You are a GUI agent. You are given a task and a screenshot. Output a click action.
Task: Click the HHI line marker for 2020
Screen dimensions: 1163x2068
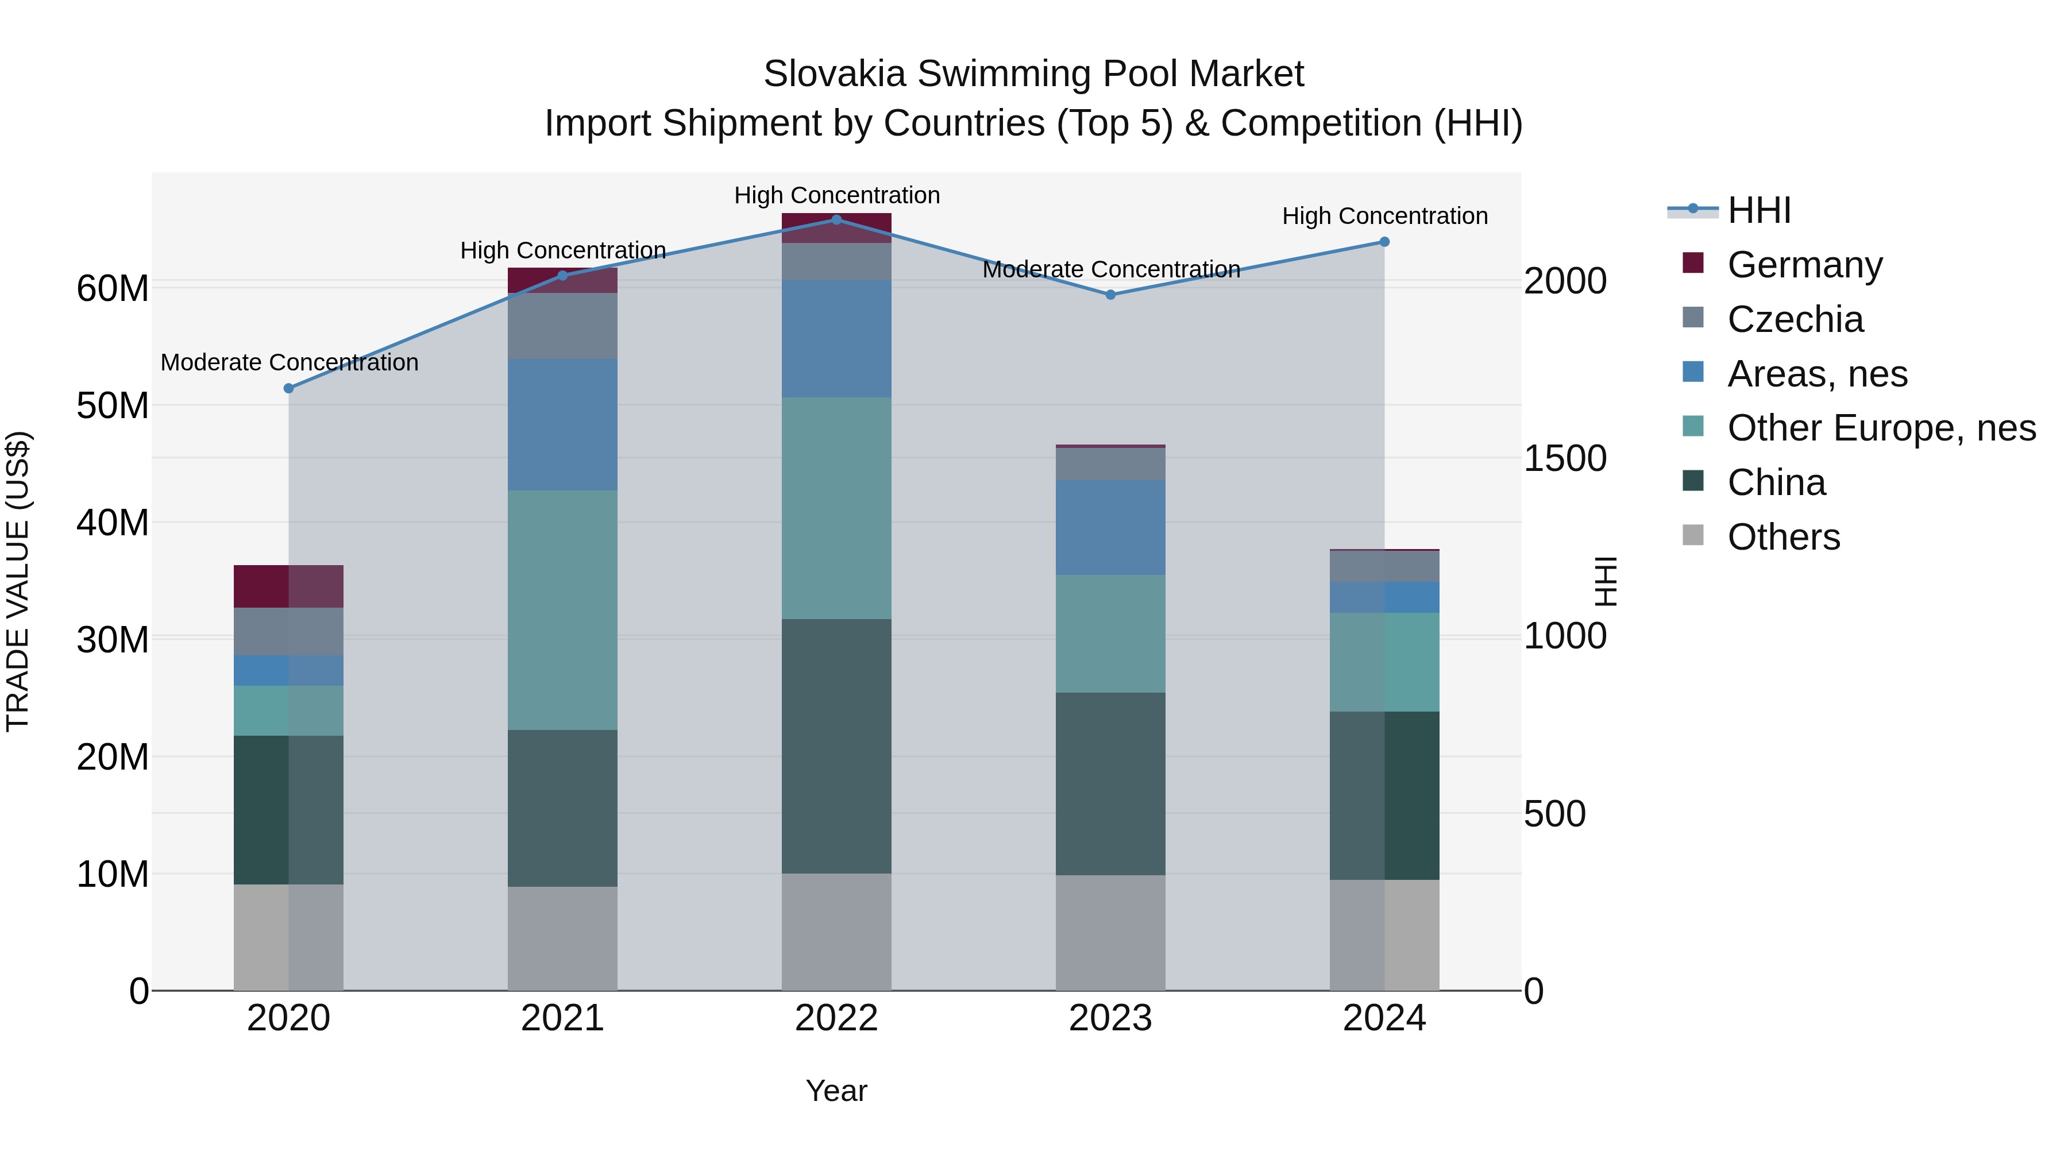coord(289,388)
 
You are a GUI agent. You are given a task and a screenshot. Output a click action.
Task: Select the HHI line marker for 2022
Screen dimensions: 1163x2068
coord(836,220)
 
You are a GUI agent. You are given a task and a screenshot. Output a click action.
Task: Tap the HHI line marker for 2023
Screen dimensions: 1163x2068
coord(1110,295)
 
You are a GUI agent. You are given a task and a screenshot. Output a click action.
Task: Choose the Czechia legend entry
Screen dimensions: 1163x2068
coord(1795,319)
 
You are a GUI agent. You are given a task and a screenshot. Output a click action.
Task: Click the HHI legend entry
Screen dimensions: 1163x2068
coord(1758,210)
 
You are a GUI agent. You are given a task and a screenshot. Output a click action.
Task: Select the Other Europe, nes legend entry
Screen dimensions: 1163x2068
coord(1881,428)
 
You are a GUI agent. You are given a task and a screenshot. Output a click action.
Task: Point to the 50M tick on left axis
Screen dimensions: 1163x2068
coord(113,406)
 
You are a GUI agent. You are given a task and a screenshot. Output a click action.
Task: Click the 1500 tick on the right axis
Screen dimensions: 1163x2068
coord(1565,458)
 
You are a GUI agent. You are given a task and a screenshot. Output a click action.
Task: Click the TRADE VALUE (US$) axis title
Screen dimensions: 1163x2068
coord(18,581)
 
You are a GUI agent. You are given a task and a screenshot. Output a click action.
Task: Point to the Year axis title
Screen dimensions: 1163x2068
coord(836,1091)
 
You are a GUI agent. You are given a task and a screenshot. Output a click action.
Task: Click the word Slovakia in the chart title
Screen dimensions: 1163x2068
coord(835,74)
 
